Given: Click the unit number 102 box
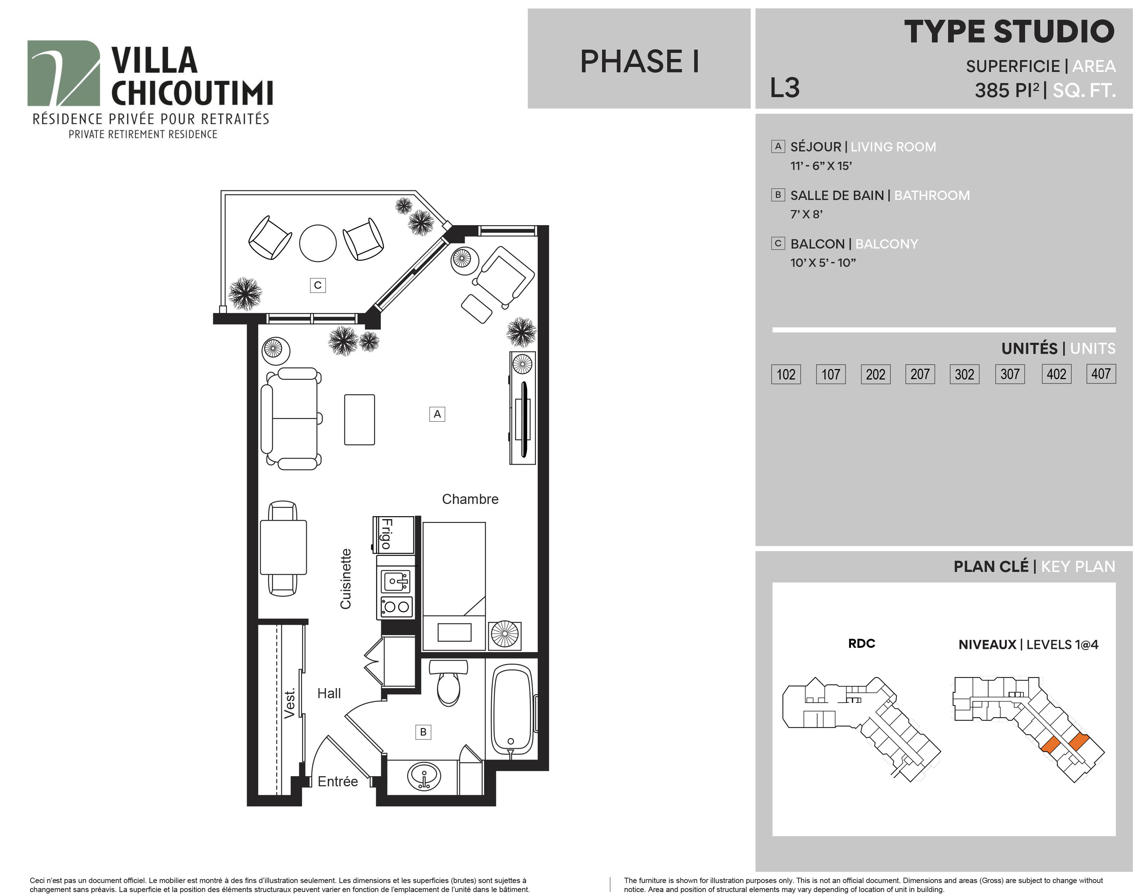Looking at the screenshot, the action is [786, 374].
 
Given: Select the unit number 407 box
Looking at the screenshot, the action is [1101, 373].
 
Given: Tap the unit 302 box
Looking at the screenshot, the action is [964, 374].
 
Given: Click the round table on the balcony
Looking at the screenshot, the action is [318, 243].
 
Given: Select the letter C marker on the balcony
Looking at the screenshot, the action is [318, 285].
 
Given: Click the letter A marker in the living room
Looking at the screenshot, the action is [437, 414].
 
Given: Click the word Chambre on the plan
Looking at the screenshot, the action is [470, 499].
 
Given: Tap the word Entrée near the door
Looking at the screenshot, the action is [338, 781].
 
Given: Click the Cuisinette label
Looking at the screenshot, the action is [346, 579].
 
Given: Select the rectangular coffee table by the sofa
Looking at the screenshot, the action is [360, 420].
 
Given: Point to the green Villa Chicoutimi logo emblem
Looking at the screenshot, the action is [63, 73].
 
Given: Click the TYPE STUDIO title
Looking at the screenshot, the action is [1010, 32].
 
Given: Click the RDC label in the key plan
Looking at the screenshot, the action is [862, 643].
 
